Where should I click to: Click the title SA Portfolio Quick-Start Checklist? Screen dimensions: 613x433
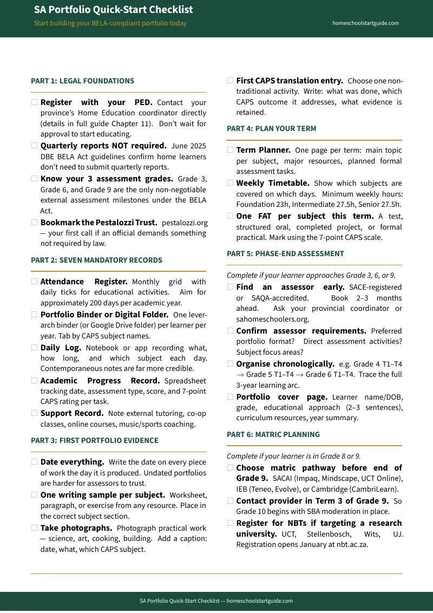pos(113,10)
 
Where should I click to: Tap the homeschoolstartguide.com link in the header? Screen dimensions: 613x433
pos(365,23)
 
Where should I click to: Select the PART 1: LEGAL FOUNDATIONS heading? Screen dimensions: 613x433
pos(82,81)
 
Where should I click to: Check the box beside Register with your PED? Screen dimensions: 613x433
pos(35,102)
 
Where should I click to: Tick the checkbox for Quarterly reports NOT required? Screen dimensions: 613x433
pos(35,146)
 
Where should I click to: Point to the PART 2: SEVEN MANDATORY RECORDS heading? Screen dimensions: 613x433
pos(96,260)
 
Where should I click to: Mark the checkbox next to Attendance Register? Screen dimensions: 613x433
pos(35,282)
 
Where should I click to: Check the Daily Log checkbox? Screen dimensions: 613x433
pos(35,348)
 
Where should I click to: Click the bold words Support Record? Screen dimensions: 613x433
pos(72,413)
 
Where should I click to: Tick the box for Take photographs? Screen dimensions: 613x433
pos(35,527)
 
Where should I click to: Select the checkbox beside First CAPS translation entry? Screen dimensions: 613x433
pos(231,81)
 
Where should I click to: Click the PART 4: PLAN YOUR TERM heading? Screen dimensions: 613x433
pos(271,129)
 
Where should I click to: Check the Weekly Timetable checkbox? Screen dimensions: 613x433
pos(231,183)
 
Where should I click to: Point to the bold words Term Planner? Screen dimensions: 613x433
pos(263,150)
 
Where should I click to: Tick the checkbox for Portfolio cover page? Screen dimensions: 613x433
pos(231,397)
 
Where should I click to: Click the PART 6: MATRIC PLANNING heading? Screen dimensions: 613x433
pos(273,435)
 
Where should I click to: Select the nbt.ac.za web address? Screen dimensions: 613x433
pos(349,544)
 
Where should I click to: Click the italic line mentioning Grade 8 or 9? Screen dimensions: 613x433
pos(293,456)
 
